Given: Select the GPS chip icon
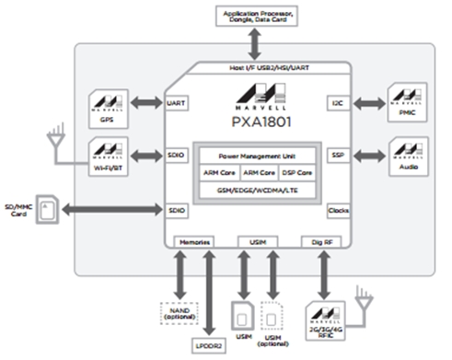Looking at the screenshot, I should click(110, 105).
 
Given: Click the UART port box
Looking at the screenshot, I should click(177, 105).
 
